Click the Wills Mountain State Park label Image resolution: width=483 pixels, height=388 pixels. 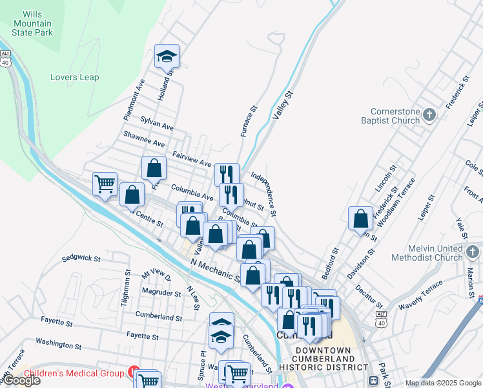pyautogui.click(x=37, y=23)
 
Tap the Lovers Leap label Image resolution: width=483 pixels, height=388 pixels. pyautogui.click(x=75, y=78)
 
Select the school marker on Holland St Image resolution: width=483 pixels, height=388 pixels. pyautogui.click(x=167, y=56)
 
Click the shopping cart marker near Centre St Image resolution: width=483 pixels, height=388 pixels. pyautogui.click(x=105, y=184)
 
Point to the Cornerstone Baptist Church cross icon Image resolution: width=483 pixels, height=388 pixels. pyautogui.click(x=429, y=115)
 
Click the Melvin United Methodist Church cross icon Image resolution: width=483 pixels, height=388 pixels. pyautogui.click(x=472, y=251)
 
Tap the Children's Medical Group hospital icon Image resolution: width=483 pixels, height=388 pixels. pyautogui.click(x=134, y=372)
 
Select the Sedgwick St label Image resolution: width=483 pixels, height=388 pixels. pyautogui.click(x=81, y=258)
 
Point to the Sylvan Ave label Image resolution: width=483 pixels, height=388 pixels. pyautogui.click(x=158, y=123)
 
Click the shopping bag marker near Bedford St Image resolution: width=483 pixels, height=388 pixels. pyautogui.click(x=360, y=218)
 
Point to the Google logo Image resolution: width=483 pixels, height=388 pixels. pyautogui.click(x=21, y=380)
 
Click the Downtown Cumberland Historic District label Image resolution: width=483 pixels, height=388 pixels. pyautogui.click(x=323, y=358)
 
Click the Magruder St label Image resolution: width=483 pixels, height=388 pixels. pyautogui.click(x=162, y=293)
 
